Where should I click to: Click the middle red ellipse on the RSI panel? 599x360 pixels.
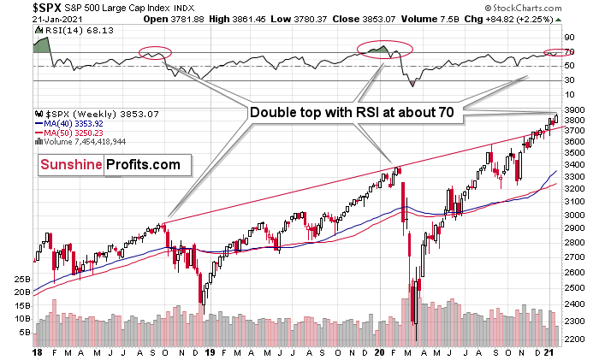385,48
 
